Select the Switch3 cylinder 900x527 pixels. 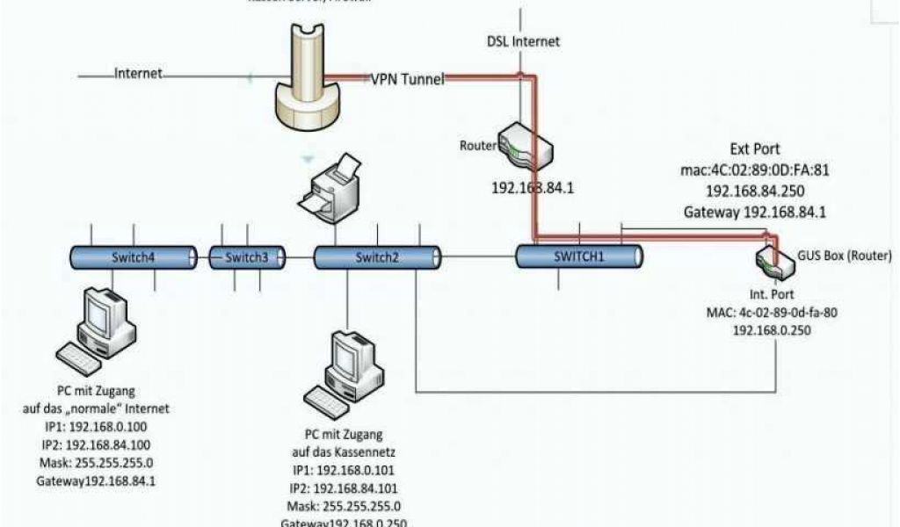[246, 257]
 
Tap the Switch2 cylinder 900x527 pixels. [376, 257]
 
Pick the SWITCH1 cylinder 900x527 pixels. [578, 256]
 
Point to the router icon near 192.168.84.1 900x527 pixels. [524, 147]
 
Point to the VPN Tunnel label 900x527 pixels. [406, 79]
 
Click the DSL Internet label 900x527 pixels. [523, 41]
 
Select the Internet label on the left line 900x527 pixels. [139, 75]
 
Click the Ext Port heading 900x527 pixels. [754, 149]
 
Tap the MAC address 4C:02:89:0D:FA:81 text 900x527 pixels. [753, 170]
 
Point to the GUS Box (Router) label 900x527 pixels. [841, 255]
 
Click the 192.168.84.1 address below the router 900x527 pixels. [533, 187]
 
